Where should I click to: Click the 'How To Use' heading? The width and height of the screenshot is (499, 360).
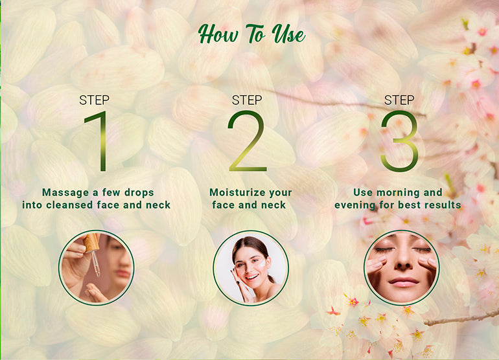coord(251,34)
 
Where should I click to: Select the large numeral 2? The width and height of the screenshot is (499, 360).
coord(246,141)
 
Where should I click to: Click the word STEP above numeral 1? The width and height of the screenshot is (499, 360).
coord(95,100)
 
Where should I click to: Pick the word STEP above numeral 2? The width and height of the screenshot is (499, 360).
coord(247,100)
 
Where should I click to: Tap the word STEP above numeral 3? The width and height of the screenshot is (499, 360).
coord(399,100)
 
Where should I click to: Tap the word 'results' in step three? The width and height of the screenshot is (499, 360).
coord(442,205)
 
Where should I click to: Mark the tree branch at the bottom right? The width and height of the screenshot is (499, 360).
coord(463,317)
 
